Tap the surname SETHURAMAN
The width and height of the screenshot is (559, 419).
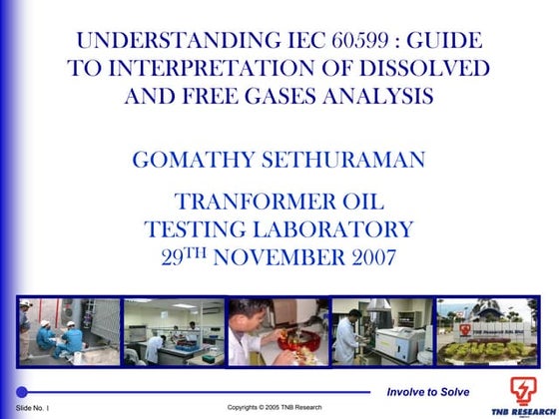click(351, 160)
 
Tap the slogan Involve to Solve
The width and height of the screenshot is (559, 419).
click(427, 390)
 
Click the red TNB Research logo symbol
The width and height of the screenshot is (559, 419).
click(521, 388)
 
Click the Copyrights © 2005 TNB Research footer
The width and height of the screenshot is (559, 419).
click(275, 407)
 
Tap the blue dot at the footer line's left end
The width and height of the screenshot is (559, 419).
click(22, 392)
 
